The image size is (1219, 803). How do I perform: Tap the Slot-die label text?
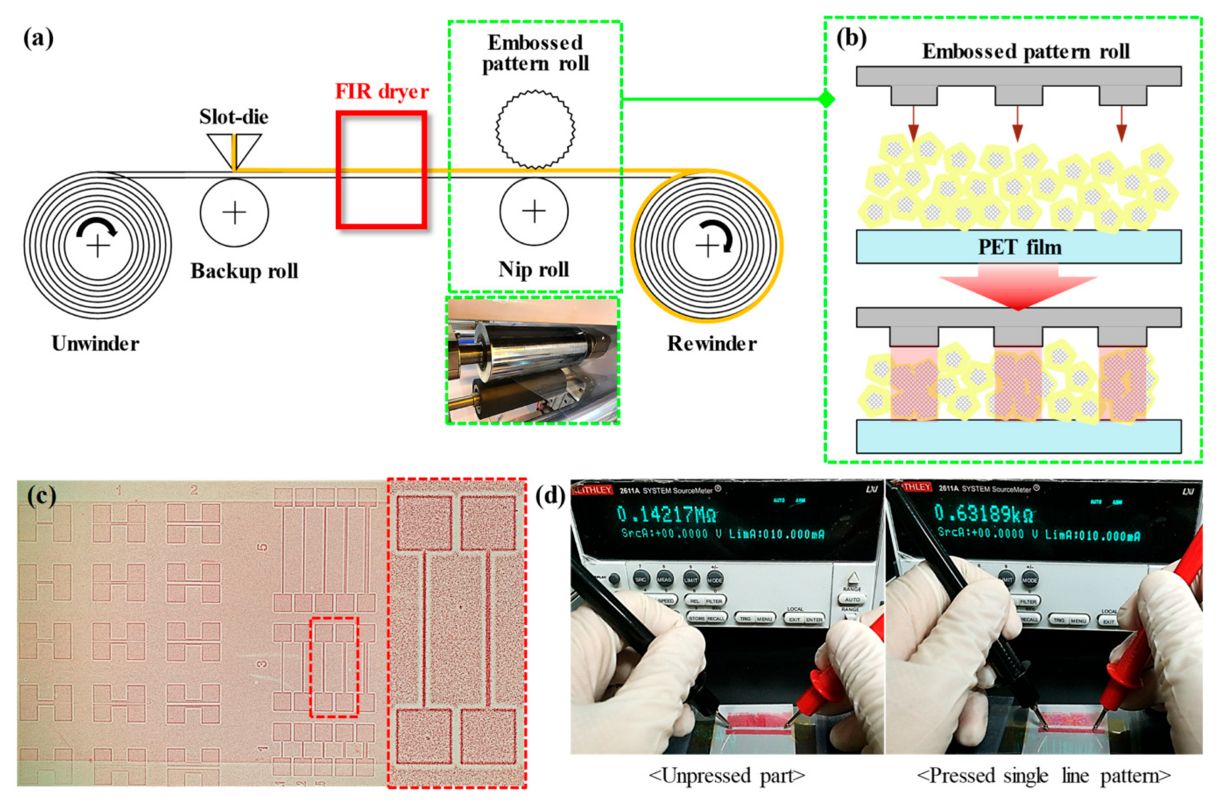(x=234, y=117)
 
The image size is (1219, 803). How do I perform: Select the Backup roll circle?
(x=234, y=213)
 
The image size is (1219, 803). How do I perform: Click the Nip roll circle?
(x=534, y=211)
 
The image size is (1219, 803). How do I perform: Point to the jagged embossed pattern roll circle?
(x=535, y=129)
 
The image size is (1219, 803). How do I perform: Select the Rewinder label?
(x=711, y=343)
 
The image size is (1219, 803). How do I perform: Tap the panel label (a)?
(x=39, y=39)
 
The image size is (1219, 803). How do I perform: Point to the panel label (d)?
(x=551, y=495)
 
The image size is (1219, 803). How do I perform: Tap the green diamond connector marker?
(x=826, y=99)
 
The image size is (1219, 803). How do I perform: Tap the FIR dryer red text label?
(x=382, y=91)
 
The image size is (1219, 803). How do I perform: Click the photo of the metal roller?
(x=533, y=361)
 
